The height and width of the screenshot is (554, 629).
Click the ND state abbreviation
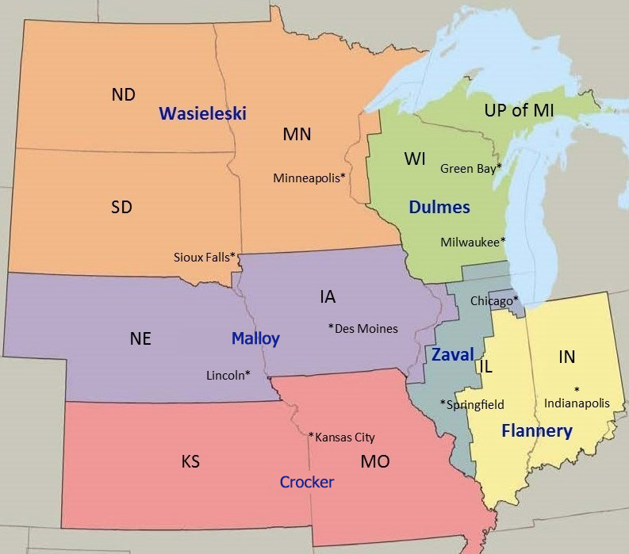tap(123, 95)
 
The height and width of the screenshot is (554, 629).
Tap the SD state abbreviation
tap(121, 208)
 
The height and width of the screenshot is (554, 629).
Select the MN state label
tap(297, 134)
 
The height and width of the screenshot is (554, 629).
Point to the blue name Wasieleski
tap(202, 113)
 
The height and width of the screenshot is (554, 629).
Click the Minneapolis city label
tap(309, 178)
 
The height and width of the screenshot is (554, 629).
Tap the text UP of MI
tap(519, 110)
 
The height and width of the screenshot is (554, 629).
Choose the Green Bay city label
tap(471, 168)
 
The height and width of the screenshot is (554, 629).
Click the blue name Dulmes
tap(439, 208)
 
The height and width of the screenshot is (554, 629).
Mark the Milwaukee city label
tap(473, 242)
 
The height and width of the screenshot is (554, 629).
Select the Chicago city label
tap(494, 300)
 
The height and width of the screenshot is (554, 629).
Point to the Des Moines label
tap(363, 328)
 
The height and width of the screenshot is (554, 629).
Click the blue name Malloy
tap(255, 338)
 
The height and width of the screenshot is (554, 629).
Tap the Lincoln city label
tap(228, 375)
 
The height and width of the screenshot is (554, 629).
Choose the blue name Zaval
tap(452, 354)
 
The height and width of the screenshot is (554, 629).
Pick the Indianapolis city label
tap(577, 403)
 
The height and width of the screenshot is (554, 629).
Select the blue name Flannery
tap(536, 431)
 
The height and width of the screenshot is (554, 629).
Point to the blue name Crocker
tap(307, 482)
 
